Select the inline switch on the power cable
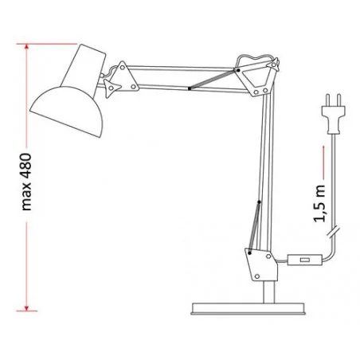[303, 260]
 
